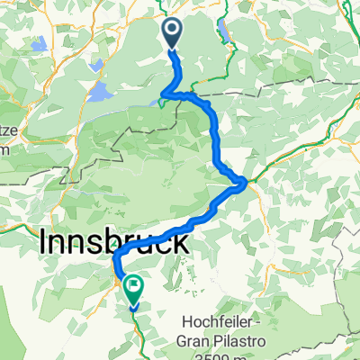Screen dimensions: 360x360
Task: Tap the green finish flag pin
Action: point(133,291)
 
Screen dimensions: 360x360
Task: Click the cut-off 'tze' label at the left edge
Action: point(7,131)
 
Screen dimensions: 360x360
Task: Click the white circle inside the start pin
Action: point(171,31)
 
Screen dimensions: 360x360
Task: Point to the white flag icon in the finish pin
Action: point(133,287)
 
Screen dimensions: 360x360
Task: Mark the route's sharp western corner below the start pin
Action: point(163,96)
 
